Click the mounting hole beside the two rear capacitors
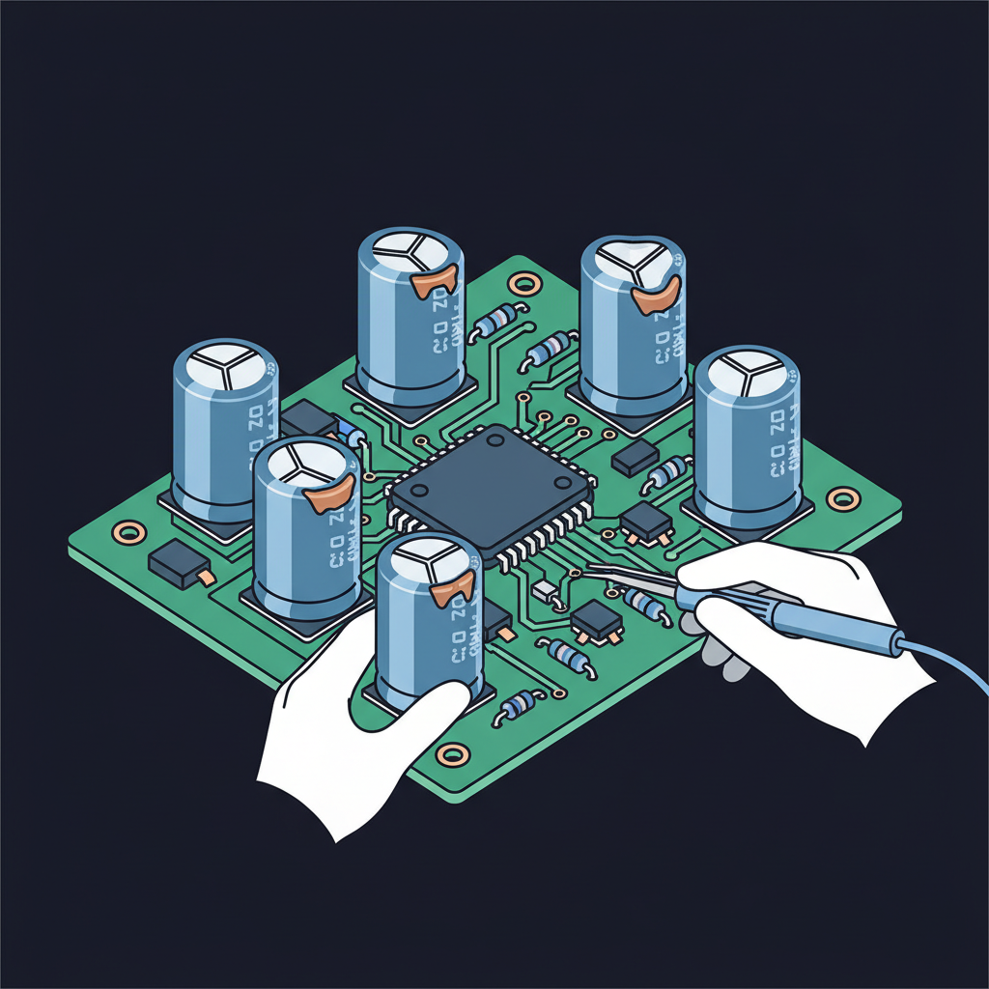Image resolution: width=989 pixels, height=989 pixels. click(525, 284)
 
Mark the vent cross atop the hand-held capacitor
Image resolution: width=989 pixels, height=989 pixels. click(426, 555)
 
